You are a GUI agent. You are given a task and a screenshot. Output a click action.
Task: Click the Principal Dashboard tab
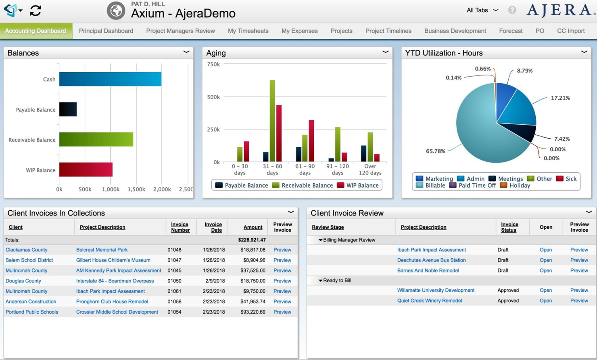click(106, 31)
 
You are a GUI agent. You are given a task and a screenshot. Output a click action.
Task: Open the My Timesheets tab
click(248, 31)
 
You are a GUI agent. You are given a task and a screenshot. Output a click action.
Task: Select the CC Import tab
click(570, 31)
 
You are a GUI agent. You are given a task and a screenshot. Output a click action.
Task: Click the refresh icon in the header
click(35, 10)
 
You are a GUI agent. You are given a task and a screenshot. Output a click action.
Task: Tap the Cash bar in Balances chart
click(110, 79)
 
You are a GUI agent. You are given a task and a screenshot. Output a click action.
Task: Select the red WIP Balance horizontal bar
click(86, 170)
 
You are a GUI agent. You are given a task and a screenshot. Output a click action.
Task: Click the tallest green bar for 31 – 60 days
click(272, 121)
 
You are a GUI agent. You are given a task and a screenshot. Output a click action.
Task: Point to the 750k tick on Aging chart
click(213, 64)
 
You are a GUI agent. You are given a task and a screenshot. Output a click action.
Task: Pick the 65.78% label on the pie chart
click(436, 151)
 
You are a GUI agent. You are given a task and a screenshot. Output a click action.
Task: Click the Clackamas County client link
click(26, 250)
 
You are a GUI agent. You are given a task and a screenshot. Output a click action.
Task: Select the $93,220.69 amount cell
click(253, 312)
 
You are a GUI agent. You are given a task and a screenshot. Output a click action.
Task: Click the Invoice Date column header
click(213, 227)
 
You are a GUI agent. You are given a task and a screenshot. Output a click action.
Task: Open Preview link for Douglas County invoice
click(282, 281)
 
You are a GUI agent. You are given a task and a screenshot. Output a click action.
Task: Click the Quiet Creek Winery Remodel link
click(429, 301)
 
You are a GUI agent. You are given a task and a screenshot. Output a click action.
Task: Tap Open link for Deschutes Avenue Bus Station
click(545, 260)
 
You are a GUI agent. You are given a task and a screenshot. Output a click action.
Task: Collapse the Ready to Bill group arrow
click(320, 280)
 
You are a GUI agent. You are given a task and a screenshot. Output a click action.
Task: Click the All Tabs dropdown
click(482, 10)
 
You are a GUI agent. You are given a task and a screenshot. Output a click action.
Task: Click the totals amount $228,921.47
click(252, 240)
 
